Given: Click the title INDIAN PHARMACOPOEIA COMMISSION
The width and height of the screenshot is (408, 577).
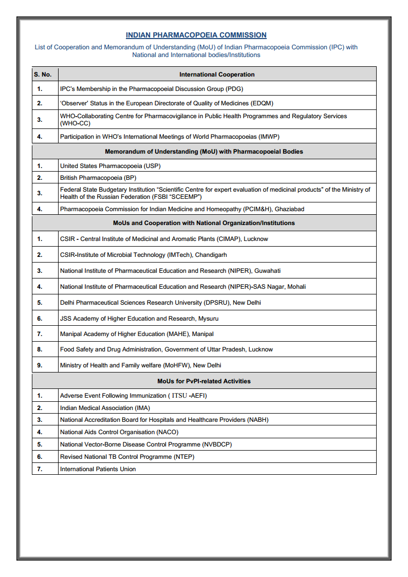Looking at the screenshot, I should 196,35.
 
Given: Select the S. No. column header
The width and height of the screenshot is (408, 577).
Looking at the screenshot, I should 43,75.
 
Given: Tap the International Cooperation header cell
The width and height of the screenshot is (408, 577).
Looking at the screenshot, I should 217,75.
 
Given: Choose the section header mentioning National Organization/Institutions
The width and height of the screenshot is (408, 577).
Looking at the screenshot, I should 204,223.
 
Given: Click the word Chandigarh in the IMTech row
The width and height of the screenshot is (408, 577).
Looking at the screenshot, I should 211,255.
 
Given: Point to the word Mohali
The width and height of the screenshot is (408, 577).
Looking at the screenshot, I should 294,287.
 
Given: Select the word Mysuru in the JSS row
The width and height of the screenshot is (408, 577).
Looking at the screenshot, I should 208,319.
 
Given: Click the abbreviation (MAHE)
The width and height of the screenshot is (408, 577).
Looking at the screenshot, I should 177,334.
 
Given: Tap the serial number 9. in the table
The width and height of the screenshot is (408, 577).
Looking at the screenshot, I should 40,365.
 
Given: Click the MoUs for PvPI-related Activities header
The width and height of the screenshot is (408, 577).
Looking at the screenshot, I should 204,381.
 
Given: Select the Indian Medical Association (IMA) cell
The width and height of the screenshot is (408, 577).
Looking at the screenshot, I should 105,408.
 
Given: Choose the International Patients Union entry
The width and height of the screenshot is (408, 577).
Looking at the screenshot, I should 98,469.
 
